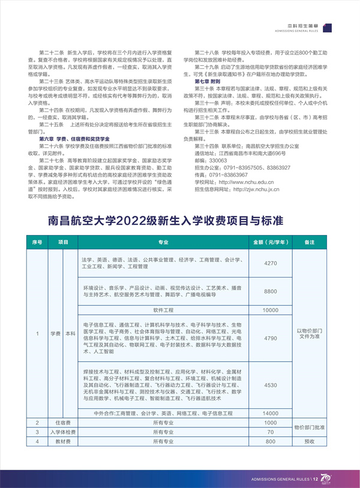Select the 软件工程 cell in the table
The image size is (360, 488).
(163, 310)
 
